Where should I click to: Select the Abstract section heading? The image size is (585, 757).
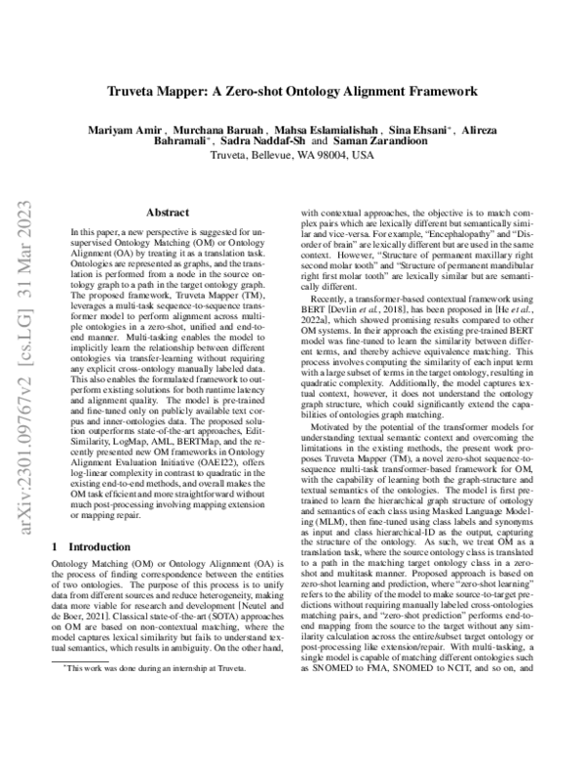168,212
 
